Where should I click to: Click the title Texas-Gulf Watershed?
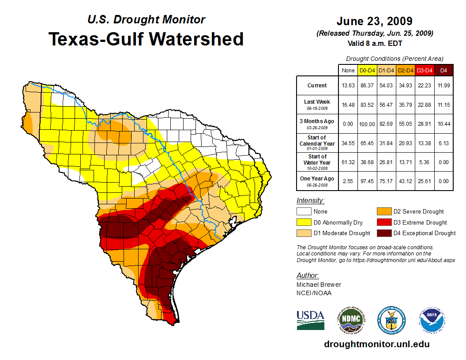click(x=146, y=39)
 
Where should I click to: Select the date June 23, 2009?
click(x=374, y=21)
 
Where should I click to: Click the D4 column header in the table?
click(x=443, y=70)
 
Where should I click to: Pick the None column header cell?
click(x=348, y=70)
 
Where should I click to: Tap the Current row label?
click(x=317, y=86)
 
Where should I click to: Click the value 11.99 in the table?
click(x=443, y=86)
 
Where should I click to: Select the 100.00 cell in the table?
click(x=367, y=124)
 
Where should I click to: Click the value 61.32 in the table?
click(x=348, y=162)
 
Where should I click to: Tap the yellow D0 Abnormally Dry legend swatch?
click(x=304, y=222)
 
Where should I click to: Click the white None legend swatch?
click(x=304, y=212)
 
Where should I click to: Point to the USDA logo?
click(x=310, y=320)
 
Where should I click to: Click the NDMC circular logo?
click(x=350, y=320)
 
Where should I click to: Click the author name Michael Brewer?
click(x=319, y=285)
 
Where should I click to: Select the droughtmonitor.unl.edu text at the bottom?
click(x=376, y=344)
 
